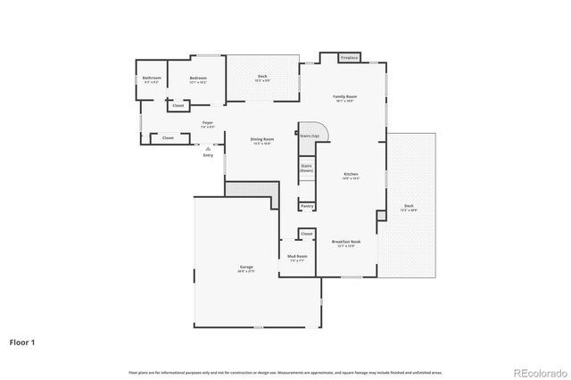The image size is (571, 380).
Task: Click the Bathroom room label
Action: point(152,78)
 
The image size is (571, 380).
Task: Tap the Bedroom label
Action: point(198,78)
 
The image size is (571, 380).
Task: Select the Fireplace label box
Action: point(350,58)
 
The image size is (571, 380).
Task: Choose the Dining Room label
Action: point(261,140)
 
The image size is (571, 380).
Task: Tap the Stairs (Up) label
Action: point(310,136)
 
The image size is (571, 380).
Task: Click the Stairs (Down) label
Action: point(306,168)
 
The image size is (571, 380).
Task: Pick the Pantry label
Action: point(307,206)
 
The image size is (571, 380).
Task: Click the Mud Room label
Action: point(296,258)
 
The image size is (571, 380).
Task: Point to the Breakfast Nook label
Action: point(345,243)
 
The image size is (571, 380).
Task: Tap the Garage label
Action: point(246,268)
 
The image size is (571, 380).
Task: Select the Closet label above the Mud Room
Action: point(307,234)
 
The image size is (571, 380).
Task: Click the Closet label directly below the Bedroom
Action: point(178,105)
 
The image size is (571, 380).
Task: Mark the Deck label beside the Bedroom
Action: point(262,78)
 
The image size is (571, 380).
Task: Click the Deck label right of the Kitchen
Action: point(409,208)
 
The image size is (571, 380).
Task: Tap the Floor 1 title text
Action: point(23,342)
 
